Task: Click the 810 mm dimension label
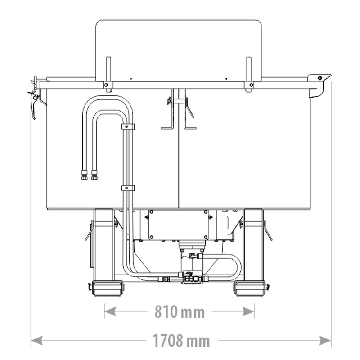pos(180,311)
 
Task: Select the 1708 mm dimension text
pos(180,341)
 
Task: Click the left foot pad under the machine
pos(107,288)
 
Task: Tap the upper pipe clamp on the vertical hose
pos(128,126)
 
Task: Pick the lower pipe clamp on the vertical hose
pos(128,188)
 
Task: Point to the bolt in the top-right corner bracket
pos(319,78)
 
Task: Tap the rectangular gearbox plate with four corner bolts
pos(179,225)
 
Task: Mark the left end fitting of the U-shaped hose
pos(84,174)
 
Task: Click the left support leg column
pos(104,245)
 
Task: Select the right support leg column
pos(253,245)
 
